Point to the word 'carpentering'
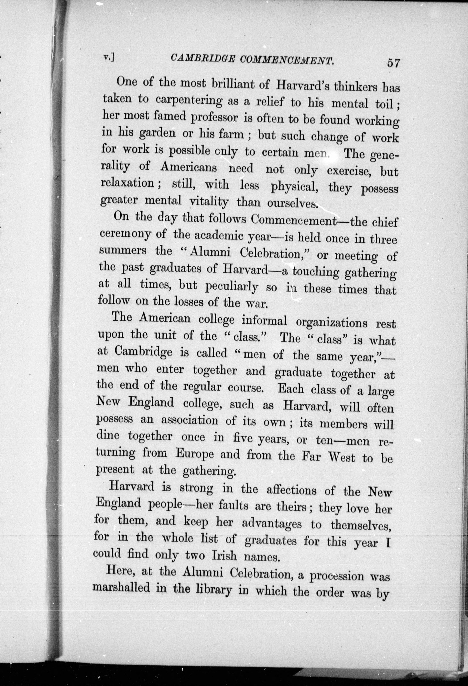(x=189, y=100)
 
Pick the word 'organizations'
(x=332, y=323)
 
